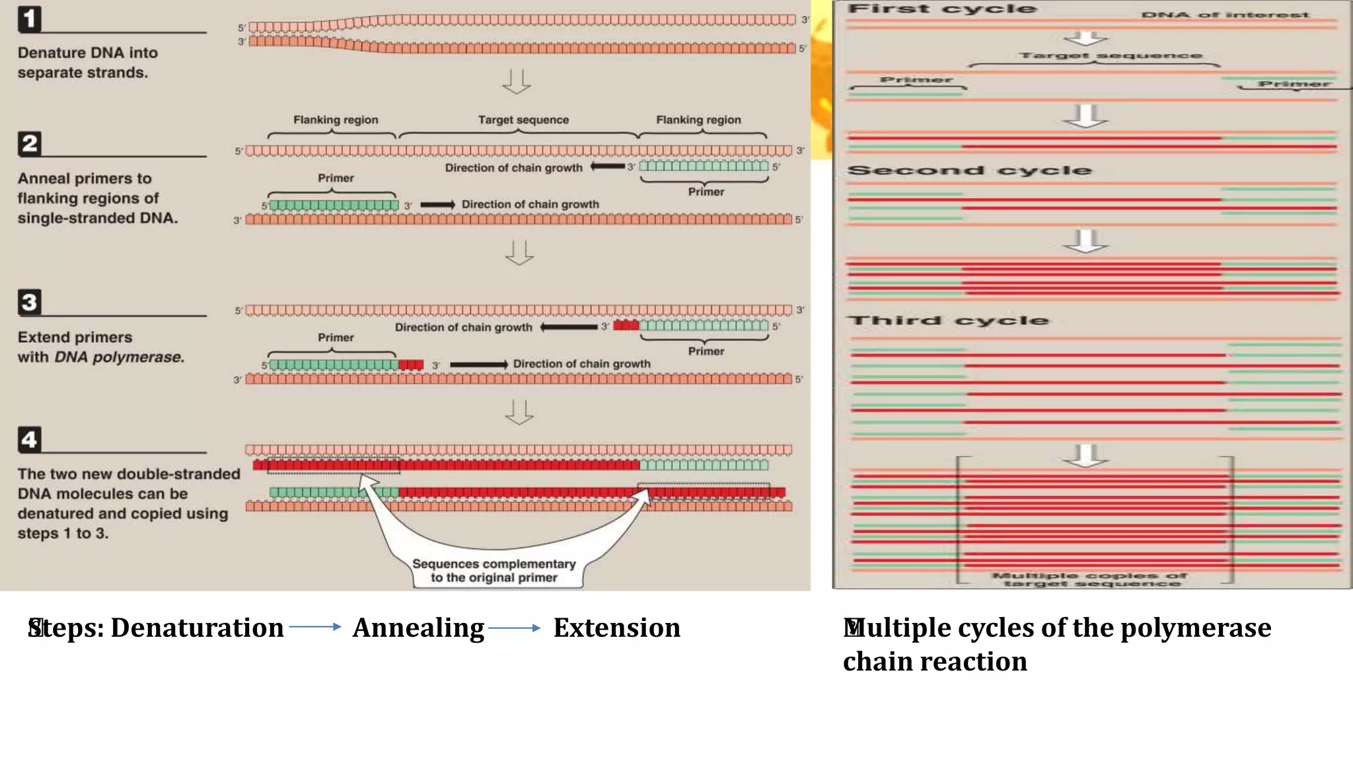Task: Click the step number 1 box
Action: click(30, 18)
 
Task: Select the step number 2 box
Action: click(30, 143)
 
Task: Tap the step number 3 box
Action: click(30, 302)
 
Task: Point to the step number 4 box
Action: click(30, 439)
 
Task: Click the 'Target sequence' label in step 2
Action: click(523, 120)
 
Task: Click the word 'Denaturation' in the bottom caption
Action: click(197, 628)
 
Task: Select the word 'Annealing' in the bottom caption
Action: click(418, 628)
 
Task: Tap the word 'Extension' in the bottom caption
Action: click(616, 628)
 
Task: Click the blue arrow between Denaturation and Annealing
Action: click(315, 627)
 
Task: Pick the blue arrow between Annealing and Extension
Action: click(515, 628)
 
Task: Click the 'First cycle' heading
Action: click(942, 9)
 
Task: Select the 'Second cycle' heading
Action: click(969, 170)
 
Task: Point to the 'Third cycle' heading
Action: click(949, 320)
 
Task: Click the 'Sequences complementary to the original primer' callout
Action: click(494, 571)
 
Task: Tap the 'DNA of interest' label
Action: click(1225, 15)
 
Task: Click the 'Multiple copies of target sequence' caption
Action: click(1090, 579)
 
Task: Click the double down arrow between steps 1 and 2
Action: click(517, 82)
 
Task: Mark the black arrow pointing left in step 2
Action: click(607, 166)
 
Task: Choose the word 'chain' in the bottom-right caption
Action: click(876, 662)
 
